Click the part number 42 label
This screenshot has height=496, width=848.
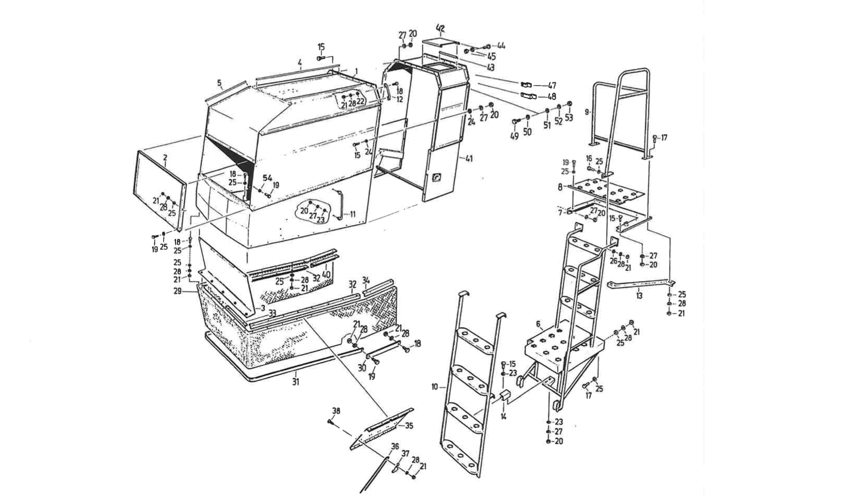440,28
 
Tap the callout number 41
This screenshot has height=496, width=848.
469,159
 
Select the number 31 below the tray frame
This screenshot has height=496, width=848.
296,382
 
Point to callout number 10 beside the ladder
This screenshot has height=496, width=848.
435,387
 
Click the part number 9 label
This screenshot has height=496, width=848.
586,112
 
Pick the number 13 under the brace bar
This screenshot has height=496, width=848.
640,296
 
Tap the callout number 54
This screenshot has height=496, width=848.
268,178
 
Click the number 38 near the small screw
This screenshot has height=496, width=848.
336,411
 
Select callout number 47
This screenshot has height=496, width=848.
552,86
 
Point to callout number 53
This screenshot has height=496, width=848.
569,118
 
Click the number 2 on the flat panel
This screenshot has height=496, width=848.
165,158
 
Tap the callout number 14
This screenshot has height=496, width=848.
504,416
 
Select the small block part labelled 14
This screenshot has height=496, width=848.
505,396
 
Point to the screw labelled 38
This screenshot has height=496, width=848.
330,421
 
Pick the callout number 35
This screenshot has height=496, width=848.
409,426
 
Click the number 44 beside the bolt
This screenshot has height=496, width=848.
501,46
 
